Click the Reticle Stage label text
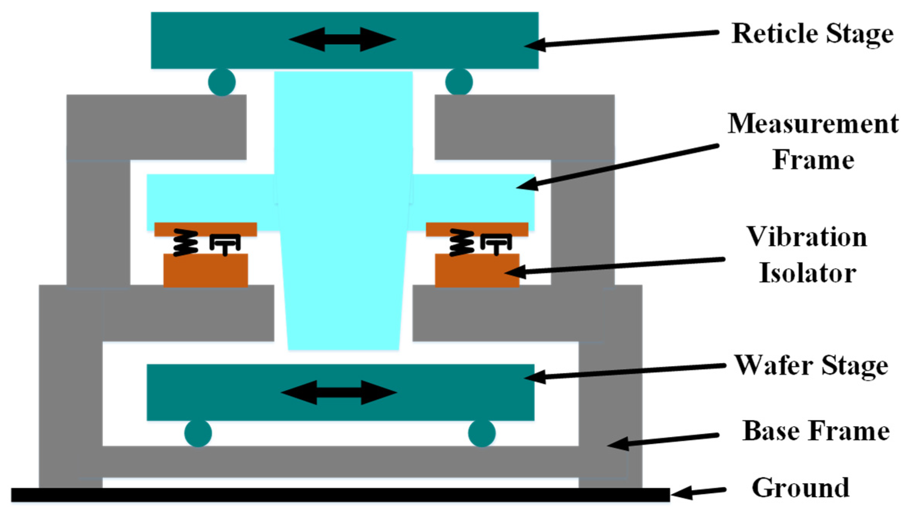812,34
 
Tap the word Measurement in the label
813,124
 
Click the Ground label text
800,487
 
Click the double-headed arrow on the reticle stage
342,39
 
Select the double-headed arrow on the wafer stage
339,392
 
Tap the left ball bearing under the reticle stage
222,82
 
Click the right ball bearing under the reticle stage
459,82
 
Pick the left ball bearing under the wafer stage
198,433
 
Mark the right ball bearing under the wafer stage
482,433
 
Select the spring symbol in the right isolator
461,243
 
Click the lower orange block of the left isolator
206,270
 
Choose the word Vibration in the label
807,237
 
